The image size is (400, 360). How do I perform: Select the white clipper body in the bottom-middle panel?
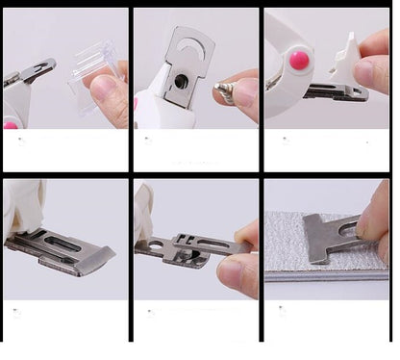click(x=146, y=207)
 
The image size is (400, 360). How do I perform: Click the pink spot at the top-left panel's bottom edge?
click(x=12, y=124)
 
